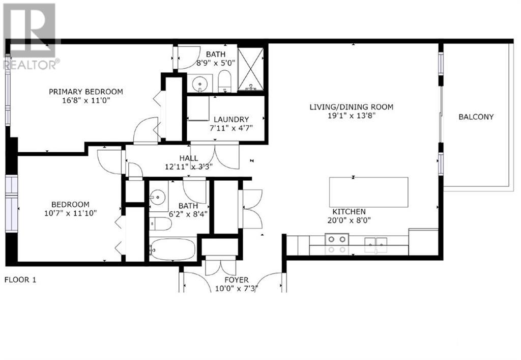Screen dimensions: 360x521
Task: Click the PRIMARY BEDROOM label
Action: [85, 92]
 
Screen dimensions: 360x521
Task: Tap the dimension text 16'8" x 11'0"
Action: [85, 101]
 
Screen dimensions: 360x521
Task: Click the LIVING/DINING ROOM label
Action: [352, 107]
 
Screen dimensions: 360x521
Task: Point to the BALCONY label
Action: [476, 117]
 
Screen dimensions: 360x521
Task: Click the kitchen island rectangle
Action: [368, 192]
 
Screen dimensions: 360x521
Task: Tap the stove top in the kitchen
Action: [336, 243]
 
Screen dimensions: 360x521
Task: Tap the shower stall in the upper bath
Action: [251, 69]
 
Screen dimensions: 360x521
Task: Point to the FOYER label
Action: [237, 280]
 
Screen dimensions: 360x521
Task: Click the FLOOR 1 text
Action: [20, 280]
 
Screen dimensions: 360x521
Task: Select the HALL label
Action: [188, 158]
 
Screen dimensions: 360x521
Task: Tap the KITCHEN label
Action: [349, 212]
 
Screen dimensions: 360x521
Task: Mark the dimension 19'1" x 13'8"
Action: [352, 116]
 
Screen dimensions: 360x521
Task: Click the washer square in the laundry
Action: [198, 108]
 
